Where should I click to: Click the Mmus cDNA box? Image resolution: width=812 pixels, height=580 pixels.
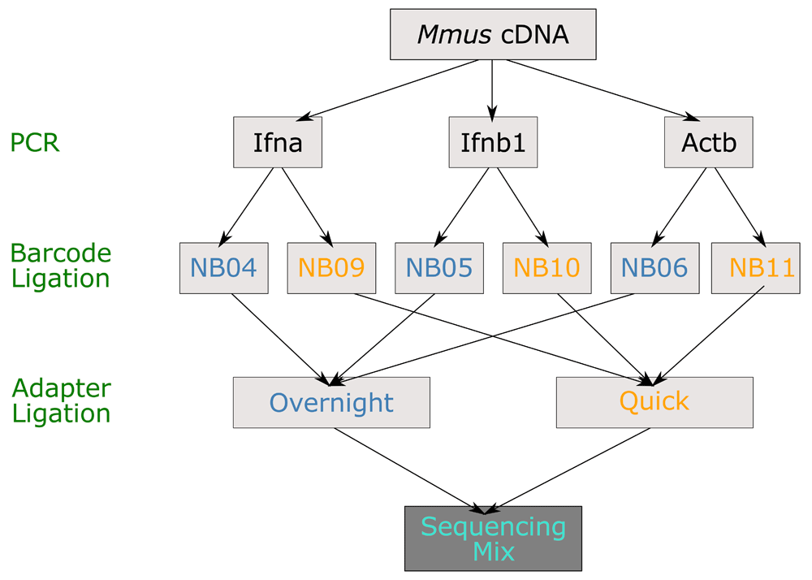click(493, 34)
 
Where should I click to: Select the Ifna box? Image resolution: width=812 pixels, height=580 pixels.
click(278, 144)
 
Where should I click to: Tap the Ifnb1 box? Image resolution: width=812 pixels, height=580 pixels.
click(493, 144)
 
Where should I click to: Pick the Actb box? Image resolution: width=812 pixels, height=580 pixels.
click(708, 144)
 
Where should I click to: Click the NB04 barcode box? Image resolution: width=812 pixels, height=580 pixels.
click(223, 267)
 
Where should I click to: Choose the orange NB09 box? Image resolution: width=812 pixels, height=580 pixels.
click(331, 267)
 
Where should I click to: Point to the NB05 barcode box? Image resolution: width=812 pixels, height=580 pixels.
click(439, 267)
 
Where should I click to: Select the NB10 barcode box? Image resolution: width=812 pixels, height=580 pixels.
click(546, 267)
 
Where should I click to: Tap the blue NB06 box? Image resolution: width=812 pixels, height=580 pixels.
click(654, 267)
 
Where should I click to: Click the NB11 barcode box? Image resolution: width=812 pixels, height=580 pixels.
click(762, 267)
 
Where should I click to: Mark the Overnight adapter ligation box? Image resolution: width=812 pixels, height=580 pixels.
click(331, 402)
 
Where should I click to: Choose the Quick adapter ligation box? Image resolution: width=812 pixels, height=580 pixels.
click(654, 401)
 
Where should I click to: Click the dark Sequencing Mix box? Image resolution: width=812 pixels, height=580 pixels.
click(493, 538)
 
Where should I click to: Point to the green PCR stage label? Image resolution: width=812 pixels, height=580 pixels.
click(35, 143)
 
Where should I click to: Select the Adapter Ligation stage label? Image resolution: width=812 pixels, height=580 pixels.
click(61, 400)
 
